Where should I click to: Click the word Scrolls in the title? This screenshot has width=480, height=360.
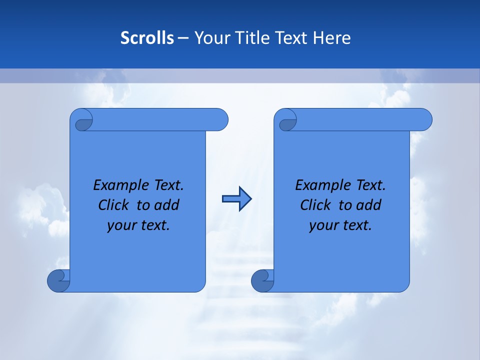(x=147, y=38)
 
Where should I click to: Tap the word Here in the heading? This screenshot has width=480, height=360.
(x=331, y=38)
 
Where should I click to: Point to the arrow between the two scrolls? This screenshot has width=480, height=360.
(x=236, y=199)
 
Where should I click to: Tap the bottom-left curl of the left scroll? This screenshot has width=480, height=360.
(x=58, y=281)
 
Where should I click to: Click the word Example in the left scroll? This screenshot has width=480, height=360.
(x=119, y=185)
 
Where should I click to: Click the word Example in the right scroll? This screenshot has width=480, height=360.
(x=321, y=185)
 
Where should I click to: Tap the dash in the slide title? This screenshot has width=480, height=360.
(x=183, y=38)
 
